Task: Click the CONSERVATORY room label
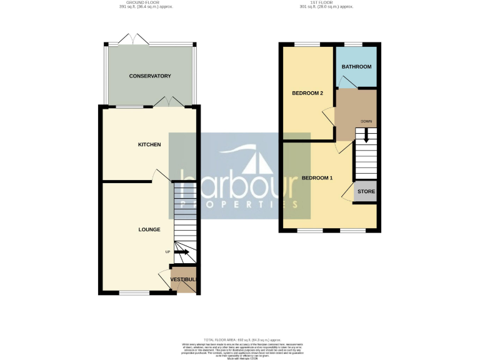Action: pyautogui.click(x=150, y=76)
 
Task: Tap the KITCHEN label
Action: pyautogui.click(x=149, y=144)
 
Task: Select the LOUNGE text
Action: pyautogui.click(x=149, y=229)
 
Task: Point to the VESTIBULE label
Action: pyautogui.click(x=184, y=279)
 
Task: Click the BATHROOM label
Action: pyautogui.click(x=356, y=67)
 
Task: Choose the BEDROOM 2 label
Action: pyautogui.click(x=307, y=94)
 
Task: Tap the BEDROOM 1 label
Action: pyautogui.click(x=317, y=178)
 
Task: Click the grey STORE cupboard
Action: pyautogui.click(x=366, y=192)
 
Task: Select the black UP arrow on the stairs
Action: pyautogui.click(x=182, y=252)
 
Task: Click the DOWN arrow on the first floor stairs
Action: pyautogui.click(x=366, y=135)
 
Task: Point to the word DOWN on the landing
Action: pyautogui.click(x=366, y=122)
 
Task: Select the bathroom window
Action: pyautogui.click(x=354, y=44)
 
